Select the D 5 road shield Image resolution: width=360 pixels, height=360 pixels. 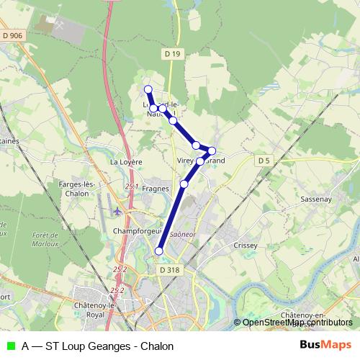(x=265, y=161)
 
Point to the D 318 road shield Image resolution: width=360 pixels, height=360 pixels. (x=167, y=269)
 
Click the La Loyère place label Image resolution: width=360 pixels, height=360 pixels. (x=124, y=163)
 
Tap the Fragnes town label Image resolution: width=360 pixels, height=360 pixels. (x=156, y=188)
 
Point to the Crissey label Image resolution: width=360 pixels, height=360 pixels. (x=246, y=245)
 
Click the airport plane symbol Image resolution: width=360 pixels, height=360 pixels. (x=117, y=212)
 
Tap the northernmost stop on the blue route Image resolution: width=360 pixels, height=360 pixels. (x=148, y=89)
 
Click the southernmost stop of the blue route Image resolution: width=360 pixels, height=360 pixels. (x=159, y=251)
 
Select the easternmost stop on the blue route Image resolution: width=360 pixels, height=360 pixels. (x=212, y=150)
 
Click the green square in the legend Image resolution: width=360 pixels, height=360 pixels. (x=11, y=346)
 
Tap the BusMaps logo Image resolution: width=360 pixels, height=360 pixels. (x=325, y=345)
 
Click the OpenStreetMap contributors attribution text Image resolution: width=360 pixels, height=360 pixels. (x=297, y=323)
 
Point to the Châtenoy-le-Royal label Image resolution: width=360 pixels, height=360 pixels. (x=105, y=310)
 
